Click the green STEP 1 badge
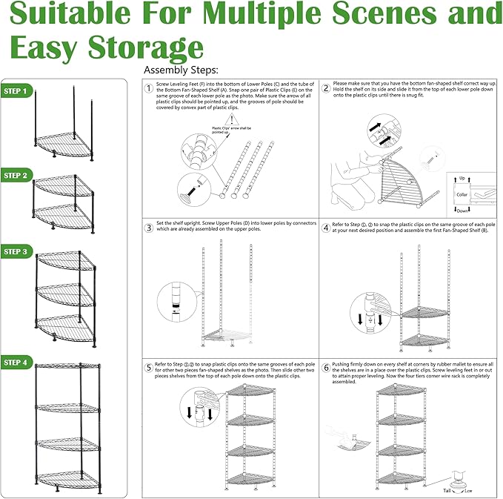(x=16, y=92)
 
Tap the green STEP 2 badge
(x=16, y=176)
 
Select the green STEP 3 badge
(x=16, y=252)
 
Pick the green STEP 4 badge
(x=16, y=363)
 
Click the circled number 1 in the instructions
(x=148, y=87)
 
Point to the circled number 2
(x=326, y=87)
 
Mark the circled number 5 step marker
(x=148, y=367)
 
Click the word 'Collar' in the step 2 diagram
(x=462, y=194)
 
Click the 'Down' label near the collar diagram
(x=464, y=210)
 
